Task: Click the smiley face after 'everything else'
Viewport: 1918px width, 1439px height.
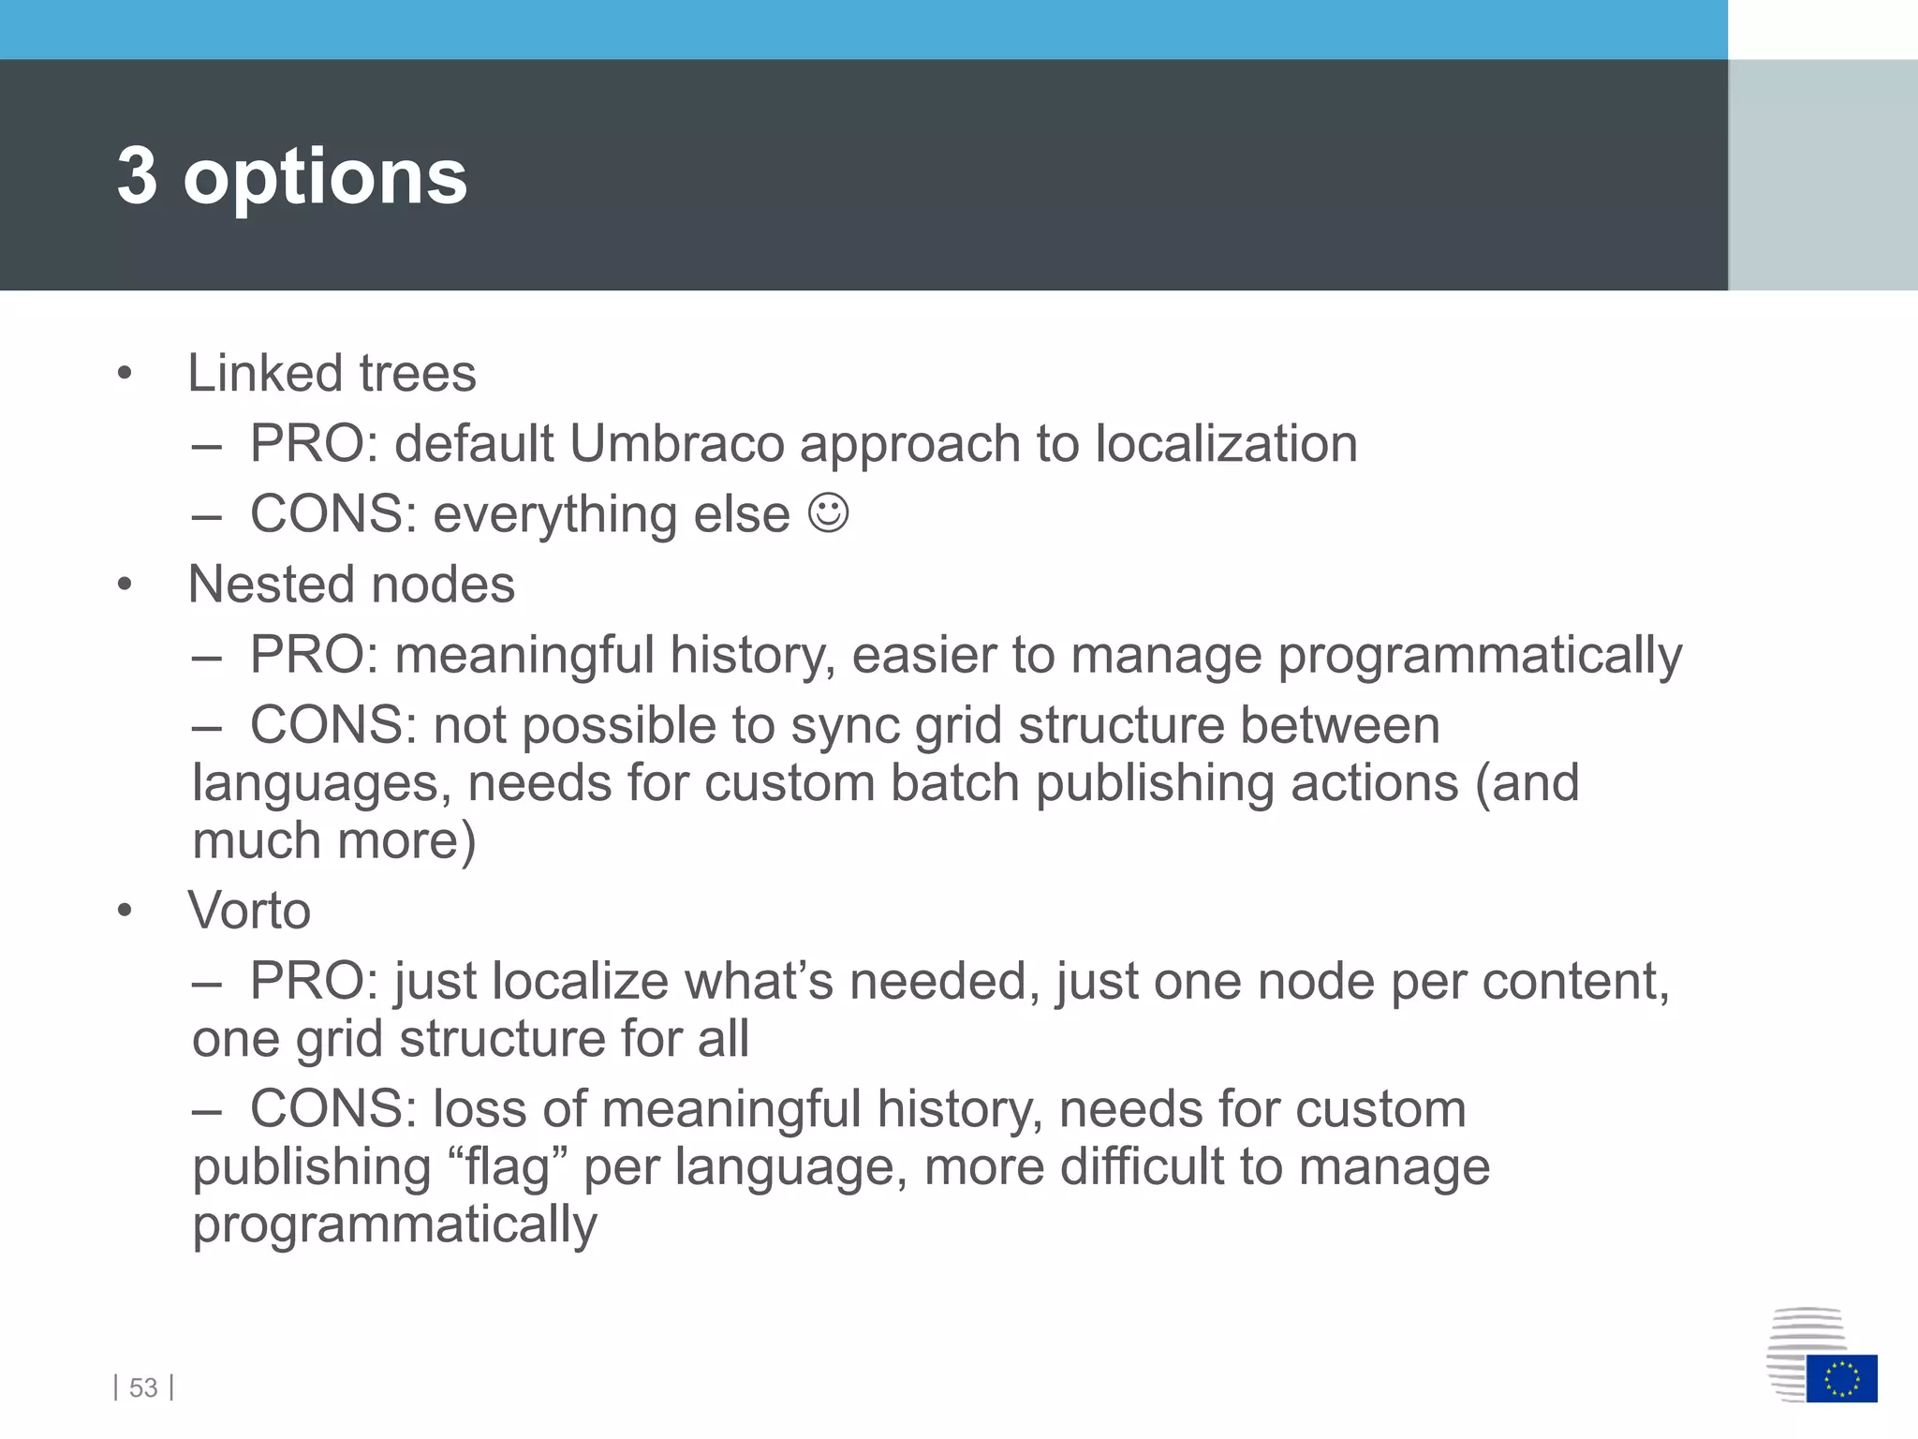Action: [829, 512]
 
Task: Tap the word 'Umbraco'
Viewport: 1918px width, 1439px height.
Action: [676, 443]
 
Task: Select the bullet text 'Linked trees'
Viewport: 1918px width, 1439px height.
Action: [332, 373]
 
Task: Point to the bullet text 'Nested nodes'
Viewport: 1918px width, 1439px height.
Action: [351, 585]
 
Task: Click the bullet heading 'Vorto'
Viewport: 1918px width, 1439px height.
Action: [249, 910]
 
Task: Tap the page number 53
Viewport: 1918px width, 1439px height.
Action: [143, 1387]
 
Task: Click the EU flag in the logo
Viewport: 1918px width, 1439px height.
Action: [1841, 1378]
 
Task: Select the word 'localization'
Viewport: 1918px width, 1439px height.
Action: [1226, 443]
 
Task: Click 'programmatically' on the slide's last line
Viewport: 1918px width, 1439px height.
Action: [394, 1224]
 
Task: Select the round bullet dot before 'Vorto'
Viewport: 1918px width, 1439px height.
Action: [125, 911]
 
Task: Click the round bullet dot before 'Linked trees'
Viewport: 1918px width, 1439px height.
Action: [125, 374]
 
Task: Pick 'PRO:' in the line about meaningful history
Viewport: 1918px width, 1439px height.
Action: [314, 654]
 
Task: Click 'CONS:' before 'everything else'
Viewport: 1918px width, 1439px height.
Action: [332, 514]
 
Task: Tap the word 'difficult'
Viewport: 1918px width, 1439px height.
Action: [1141, 1167]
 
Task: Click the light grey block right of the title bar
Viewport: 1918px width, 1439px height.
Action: [1822, 174]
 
